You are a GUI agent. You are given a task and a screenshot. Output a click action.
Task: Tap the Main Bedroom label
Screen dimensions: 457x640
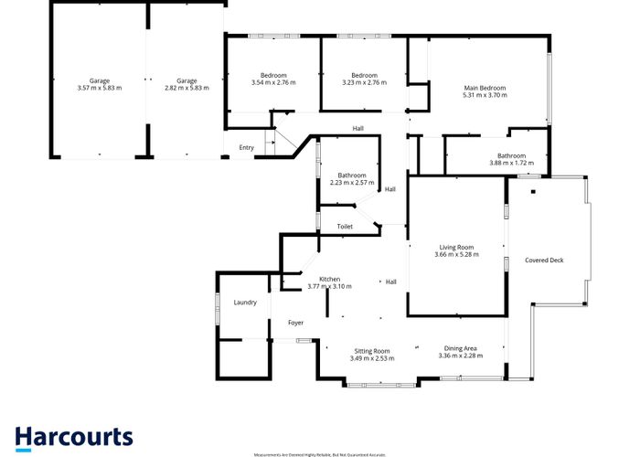click(485, 88)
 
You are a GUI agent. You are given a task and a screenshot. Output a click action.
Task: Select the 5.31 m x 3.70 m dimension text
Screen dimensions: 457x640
click(485, 95)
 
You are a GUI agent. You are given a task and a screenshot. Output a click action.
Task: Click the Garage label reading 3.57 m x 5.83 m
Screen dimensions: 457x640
click(100, 81)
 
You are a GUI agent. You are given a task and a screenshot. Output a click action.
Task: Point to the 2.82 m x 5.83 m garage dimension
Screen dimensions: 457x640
click(187, 89)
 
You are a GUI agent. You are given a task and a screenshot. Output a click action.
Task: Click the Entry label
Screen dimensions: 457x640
click(247, 147)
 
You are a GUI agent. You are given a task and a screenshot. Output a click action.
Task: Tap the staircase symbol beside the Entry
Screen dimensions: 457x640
click(271, 142)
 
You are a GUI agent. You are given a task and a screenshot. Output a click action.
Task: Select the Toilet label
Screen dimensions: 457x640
click(345, 226)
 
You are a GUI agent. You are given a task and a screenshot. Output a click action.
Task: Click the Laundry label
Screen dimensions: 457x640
click(245, 303)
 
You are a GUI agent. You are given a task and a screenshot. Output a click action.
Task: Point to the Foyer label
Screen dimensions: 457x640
click(295, 323)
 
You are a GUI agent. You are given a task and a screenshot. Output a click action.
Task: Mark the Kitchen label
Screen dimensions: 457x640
click(329, 279)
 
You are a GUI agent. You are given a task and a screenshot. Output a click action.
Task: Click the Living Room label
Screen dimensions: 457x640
click(457, 247)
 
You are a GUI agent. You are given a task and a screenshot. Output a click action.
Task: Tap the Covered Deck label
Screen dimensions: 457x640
click(544, 260)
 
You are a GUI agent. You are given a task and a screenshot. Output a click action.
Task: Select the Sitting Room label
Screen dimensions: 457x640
click(372, 351)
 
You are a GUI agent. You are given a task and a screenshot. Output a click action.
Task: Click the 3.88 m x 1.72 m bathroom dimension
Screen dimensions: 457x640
click(510, 163)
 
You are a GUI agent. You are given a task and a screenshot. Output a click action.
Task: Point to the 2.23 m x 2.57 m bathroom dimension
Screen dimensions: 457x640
click(351, 183)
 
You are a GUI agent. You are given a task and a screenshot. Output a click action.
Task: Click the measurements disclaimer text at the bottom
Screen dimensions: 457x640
click(319, 453)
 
